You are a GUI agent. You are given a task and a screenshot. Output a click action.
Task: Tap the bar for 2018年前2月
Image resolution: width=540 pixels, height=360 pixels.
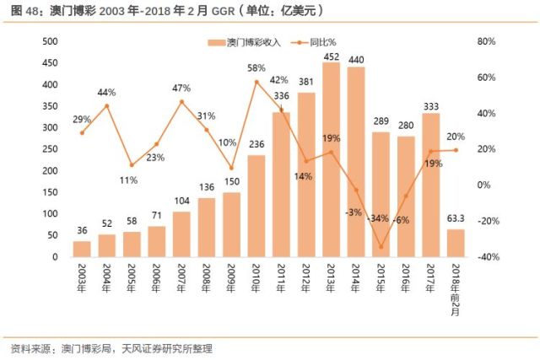tap(456, 243)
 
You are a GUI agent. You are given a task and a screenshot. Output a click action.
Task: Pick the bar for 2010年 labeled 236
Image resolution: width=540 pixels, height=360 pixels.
tap(256, 207)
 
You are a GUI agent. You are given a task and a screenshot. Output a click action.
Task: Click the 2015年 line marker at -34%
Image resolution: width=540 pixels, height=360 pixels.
tap(381, 247)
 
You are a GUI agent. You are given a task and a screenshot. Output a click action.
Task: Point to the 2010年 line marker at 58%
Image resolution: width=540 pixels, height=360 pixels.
tap(256, 82)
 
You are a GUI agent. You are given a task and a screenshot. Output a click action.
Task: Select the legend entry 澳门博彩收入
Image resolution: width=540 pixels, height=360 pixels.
tap(251, 42)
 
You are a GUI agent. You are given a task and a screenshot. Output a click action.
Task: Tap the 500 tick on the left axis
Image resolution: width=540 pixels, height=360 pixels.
tap(49, 41)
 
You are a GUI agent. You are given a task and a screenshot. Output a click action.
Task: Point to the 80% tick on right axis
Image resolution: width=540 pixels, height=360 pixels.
tap(488, 41)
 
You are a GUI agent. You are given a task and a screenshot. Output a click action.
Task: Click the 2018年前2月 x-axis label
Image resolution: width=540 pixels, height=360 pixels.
tap(456, 287)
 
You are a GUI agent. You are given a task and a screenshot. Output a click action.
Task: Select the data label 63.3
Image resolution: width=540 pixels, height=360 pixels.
tap(456, 221)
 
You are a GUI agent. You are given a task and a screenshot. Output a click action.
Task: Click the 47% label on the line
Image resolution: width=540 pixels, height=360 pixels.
tap(181, 88)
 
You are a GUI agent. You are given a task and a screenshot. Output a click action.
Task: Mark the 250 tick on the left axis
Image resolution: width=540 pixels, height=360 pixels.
tap(49, 149)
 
